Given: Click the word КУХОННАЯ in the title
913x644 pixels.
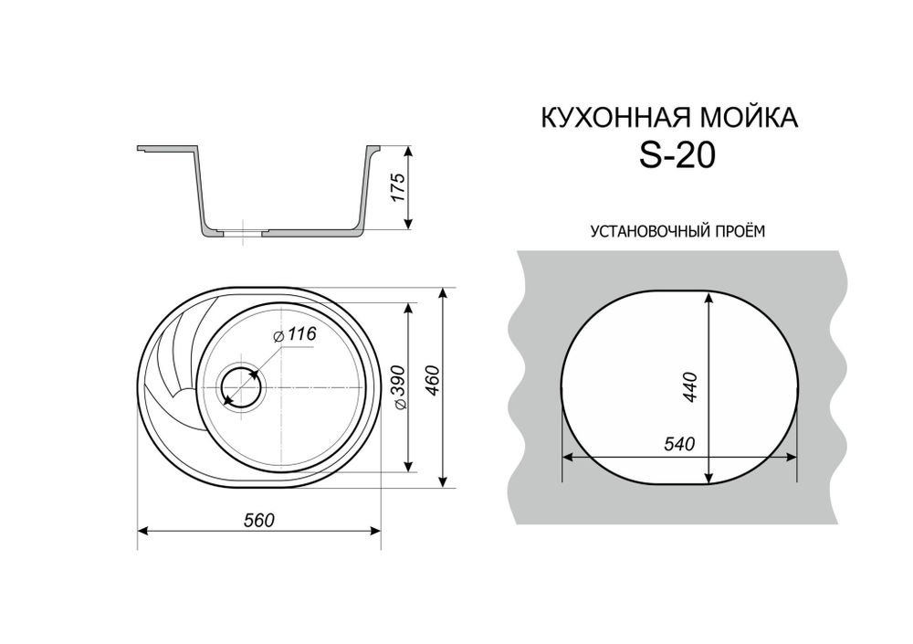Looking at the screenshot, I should click(604, 119).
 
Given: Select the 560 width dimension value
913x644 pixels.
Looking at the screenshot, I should click(259, 520).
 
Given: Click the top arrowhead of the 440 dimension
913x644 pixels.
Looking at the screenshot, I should click(708, 297).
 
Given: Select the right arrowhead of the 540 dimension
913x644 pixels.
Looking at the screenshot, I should click(795, 455).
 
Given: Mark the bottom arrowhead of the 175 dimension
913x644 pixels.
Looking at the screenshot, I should click(409, 222).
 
